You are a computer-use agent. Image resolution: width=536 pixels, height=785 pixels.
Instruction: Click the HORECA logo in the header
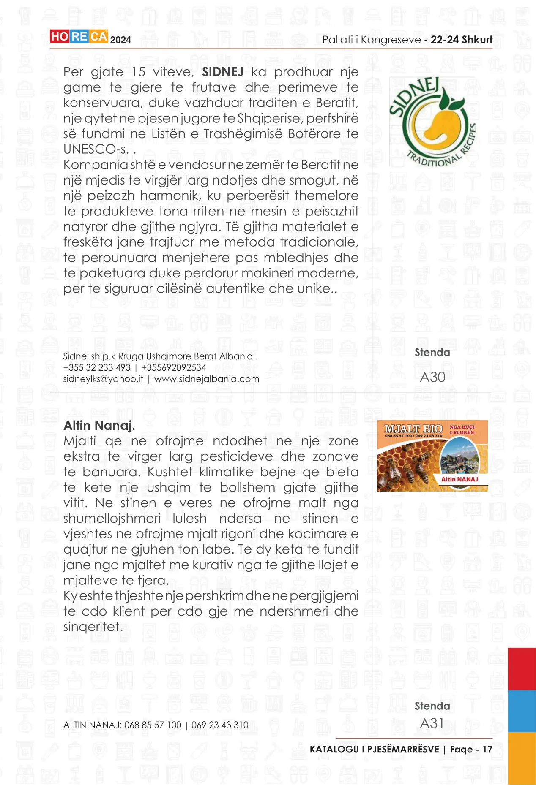[79, 37]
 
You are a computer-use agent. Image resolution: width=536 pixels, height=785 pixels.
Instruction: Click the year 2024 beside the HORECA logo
[120, 40]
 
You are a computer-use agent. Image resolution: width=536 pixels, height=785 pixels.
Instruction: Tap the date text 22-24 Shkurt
[462, 40]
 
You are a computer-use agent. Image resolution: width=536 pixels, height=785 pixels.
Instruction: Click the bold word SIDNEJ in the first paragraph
[222, 72]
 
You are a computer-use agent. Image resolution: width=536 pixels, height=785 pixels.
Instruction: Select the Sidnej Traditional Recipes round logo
[432, 122]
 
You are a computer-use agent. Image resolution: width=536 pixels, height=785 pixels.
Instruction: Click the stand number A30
[432, 377]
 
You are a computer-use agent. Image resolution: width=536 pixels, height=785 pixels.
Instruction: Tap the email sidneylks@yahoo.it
[103, 379]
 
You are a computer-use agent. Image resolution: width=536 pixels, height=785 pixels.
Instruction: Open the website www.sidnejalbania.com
[207, 379]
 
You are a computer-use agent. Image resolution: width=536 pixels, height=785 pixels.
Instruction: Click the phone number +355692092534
[174, 367]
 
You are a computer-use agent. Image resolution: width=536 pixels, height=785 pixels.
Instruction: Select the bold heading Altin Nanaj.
[99, 425]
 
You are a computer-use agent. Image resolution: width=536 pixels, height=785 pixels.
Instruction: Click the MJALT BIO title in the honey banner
[413, 428]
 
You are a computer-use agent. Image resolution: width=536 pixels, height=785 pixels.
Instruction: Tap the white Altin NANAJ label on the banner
[459, 479]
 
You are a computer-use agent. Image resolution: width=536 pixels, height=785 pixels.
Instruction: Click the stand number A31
[432, 723]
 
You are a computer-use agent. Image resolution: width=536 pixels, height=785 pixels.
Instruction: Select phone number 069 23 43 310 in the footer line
[220, 725]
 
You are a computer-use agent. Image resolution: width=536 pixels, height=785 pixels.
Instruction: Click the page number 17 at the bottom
[487, 750]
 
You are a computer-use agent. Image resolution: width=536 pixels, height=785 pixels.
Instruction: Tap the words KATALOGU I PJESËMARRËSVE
[374, 750]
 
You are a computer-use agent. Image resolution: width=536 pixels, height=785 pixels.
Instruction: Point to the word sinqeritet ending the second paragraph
[93, 627]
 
